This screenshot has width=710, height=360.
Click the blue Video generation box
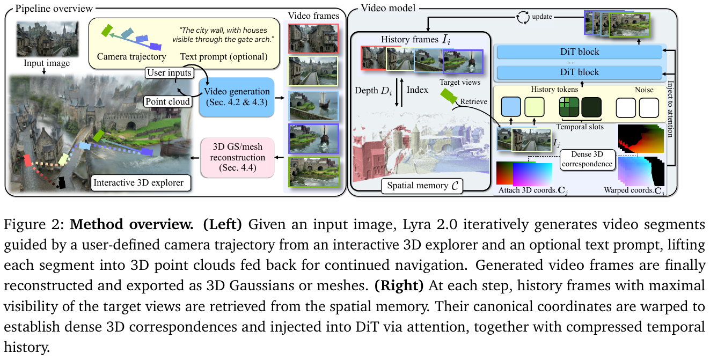pos(237,97)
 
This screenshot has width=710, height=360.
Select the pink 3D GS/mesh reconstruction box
pos(237,158)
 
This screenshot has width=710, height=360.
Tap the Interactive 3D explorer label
pos(138,182)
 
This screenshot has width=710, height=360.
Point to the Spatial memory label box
pos(420,185)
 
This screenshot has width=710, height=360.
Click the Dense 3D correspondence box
pos(588,159)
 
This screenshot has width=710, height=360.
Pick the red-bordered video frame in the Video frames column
pos(314,38)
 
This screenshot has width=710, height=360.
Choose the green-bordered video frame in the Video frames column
pos(314,171)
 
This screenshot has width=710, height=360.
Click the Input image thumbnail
pos(47,39)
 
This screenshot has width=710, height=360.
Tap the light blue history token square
pos(511,107)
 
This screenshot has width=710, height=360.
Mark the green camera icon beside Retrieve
pos(449,95)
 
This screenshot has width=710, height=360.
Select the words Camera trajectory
pos(131,56)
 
